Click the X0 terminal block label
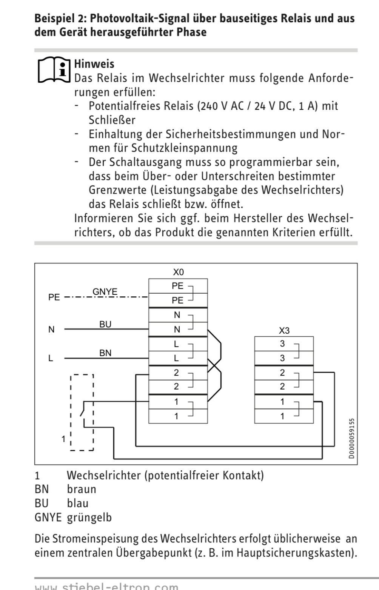178,272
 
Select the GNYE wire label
105,291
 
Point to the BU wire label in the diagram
105,324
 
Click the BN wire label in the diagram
105,353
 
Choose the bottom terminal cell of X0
178,416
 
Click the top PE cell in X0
178,286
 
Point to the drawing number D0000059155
352,438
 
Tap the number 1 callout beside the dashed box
64,439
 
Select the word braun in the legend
82,489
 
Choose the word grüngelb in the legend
89,517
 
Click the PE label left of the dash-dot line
54,297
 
